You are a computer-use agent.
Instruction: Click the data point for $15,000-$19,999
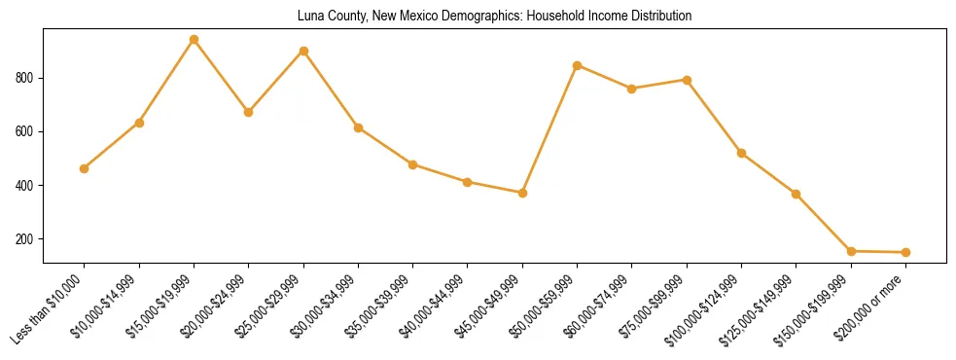tap(194, 40)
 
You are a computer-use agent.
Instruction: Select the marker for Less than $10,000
tap(85, 168)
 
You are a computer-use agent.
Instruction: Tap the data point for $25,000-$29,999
tap(303, 51)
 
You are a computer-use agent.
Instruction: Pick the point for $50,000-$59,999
tap(578, 65)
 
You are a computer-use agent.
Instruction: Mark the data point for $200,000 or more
tap(905, 252)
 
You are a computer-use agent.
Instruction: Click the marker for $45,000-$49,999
tap(522, 193)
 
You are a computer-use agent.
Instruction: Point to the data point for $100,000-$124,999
tap(741, 153)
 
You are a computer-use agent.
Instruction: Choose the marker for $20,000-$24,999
tap(249, 112)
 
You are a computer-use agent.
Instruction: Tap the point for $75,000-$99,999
tap(687, 80)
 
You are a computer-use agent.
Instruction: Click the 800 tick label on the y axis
tap(26, 78)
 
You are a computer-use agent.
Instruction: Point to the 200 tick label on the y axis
tap(26, 239)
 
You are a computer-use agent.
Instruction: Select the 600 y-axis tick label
tap(26, 131)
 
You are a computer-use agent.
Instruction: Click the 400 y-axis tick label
tap(26, 186)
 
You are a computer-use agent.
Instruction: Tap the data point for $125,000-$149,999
tap(796, 194)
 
